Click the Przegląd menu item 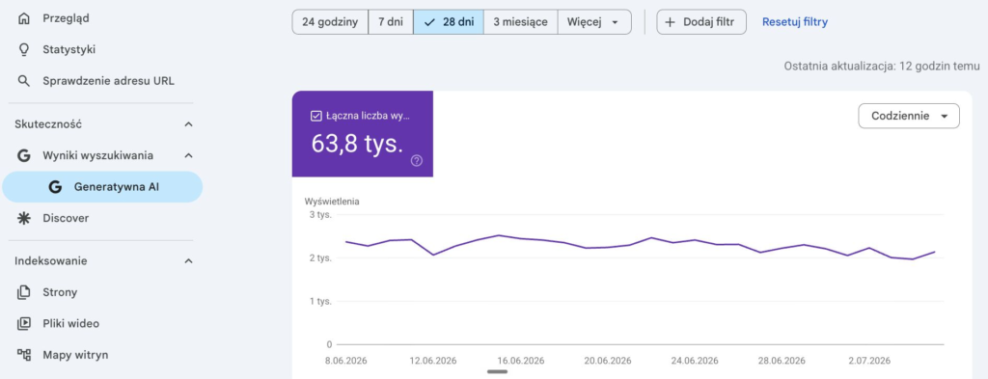(66, 19)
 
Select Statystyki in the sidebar (69, 50)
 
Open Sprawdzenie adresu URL (108, 81)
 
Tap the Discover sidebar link (66, 219)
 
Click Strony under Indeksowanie (60, 292)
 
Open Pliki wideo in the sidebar (70, 324)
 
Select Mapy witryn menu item (75, 355)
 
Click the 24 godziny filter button (330, 22)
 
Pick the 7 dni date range (391, 22)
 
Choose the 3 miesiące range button (520, 22)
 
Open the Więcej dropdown (594, 22)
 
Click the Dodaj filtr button (701, 22)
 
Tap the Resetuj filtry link (795, 22)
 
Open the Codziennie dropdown (909, 116)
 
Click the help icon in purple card (417, 160)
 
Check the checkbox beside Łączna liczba (316, 116)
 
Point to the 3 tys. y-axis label (320, 215)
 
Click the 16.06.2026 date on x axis (520, 361)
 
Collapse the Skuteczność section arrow (188, 124)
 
